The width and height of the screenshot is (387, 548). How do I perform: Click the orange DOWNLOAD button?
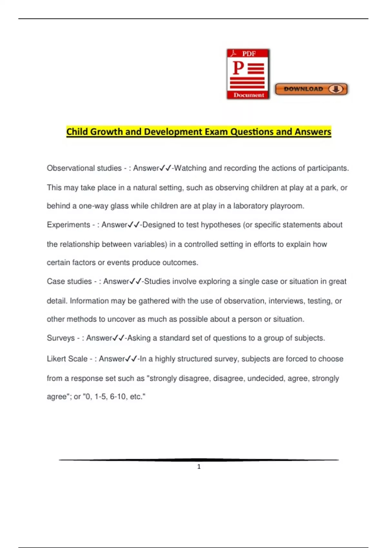[x=311, y=89]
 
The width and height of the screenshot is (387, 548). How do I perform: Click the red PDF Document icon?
[x=248, y=74]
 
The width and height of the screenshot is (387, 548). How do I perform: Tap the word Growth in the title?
[x=106, y=132]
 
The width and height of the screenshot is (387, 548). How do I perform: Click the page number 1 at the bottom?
[x=199, y=466]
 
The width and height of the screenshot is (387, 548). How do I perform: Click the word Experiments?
[x=68, y=225]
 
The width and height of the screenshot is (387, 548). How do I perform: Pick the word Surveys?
[x=61, y=338]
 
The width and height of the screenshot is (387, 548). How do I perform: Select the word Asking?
[x=139, y=338]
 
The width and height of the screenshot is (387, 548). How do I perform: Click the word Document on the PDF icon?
[x=249, y=95]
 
